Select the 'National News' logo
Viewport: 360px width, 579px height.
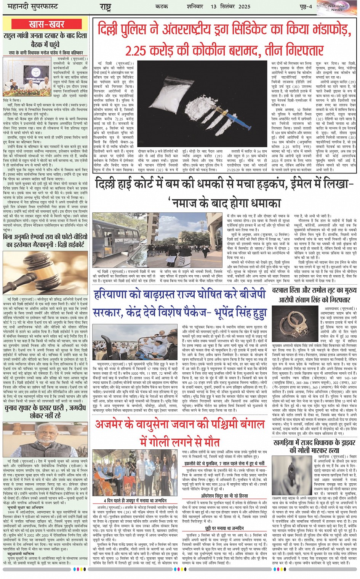[336, 6]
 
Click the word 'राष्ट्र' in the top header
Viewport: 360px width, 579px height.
[105, 6]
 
